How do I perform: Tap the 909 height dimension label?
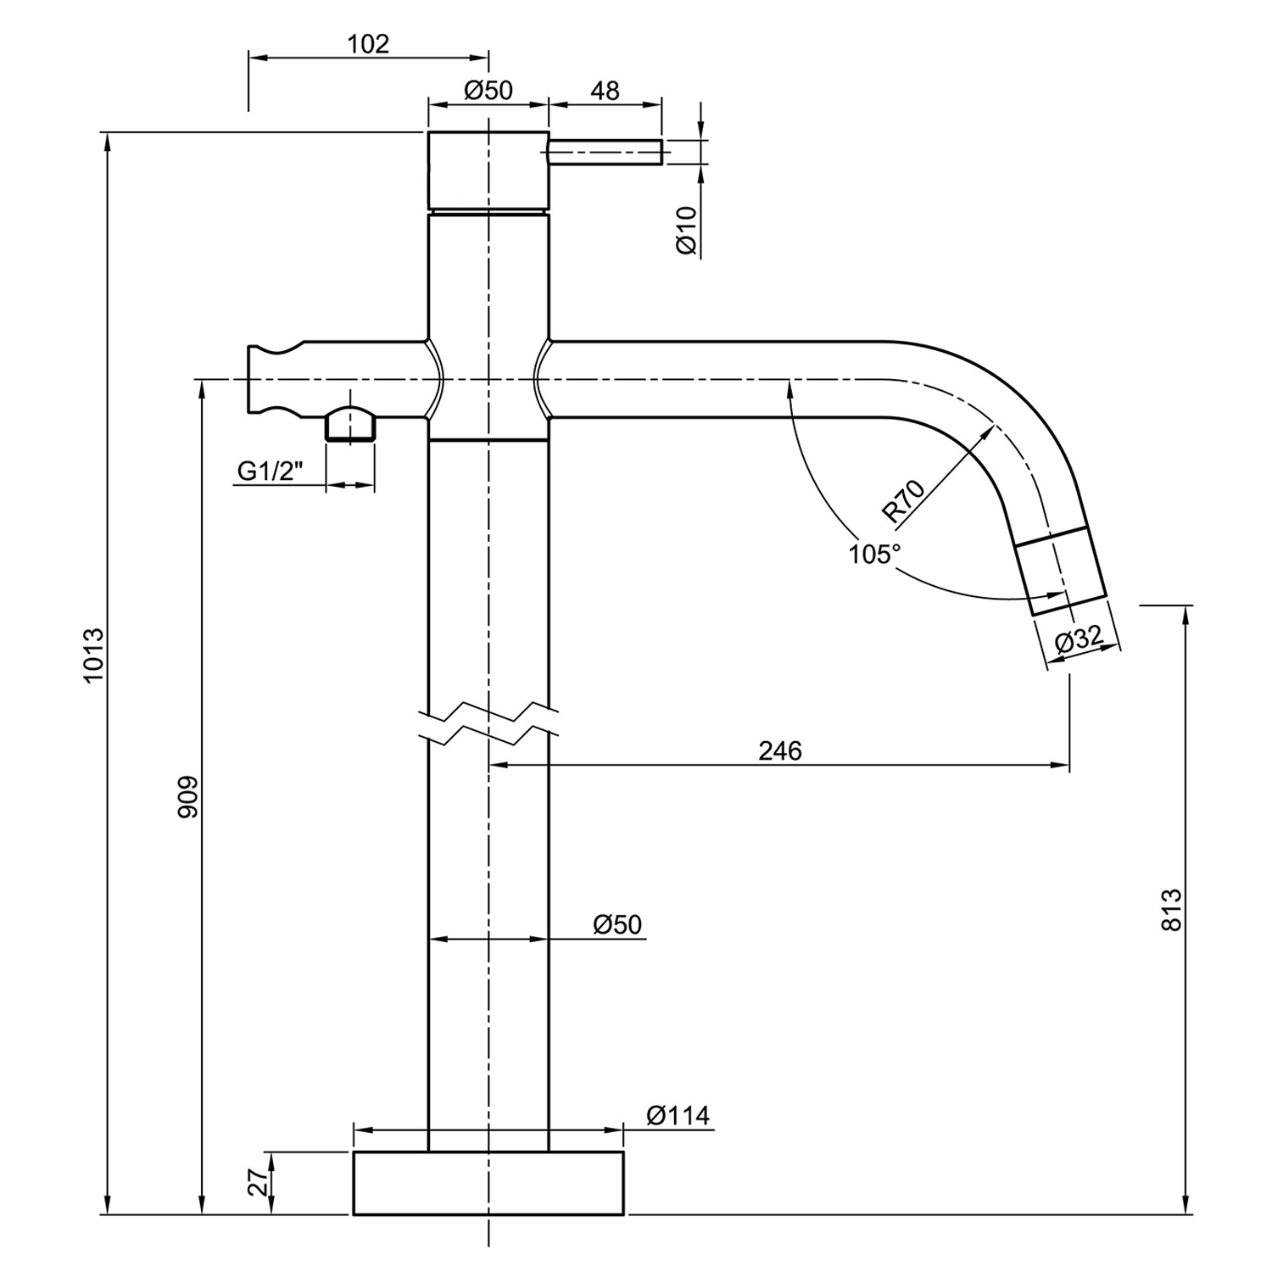[188, 798]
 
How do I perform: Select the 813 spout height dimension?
[1171, 910]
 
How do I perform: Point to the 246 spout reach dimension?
[780, 750]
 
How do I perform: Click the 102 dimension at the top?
[368, 44]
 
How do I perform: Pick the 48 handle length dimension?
[605, 90]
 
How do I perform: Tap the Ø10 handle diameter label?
[686, 230]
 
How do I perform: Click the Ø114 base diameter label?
[678, 1114]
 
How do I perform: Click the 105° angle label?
[874, 555]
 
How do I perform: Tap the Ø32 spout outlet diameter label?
[1079, 639]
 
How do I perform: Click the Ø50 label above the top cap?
[489, 90]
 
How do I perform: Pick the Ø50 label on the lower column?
[617, 923]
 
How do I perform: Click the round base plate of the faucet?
[488, 1183]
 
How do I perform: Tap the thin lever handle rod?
[605, 152]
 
